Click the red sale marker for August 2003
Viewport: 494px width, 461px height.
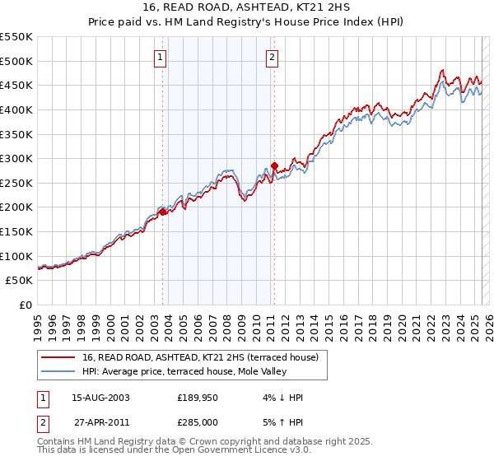tap(163, 212)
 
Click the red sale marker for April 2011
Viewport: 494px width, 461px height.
tap(274, 165)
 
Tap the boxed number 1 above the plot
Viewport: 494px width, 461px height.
tap(160, 57)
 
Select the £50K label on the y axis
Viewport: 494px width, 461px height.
tap(20, 281)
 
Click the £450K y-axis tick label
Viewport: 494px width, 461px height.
tap(16, 85)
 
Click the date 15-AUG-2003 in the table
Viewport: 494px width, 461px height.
tap(101, 398)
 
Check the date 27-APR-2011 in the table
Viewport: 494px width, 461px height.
tap(101, 422)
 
